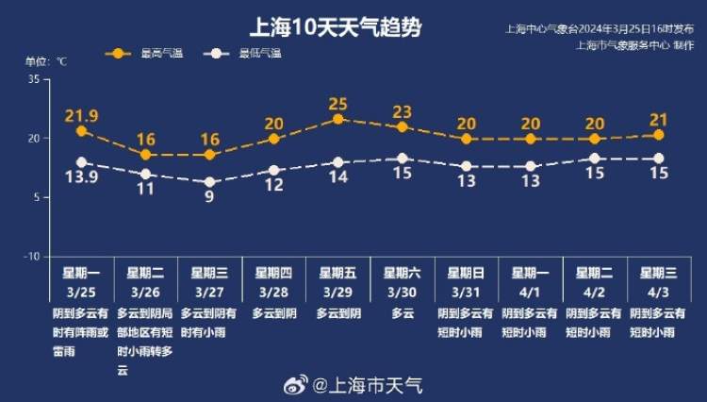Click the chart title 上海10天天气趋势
tap(334, 27)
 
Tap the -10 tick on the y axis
tap(31, 256)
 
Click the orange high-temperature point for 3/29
tap(337, 119)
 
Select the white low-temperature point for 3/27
tap(209, 182)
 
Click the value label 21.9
tap(82, 115)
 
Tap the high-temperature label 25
tap(338, 103)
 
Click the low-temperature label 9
tap(209, 197)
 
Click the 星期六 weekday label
tap(402, 273)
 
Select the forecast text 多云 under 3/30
tap(403, 312)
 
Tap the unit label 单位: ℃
tap(46, 62)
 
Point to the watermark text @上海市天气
tap(368, 385)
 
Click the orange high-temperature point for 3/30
tap(403, 126)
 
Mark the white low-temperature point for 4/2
tap(595, 159)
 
